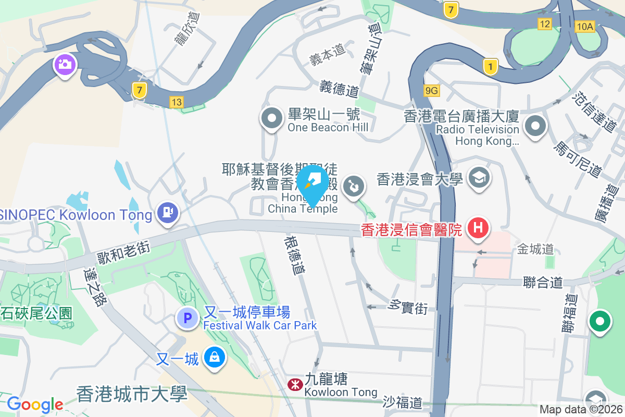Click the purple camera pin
[65, 65]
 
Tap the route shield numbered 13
[177, 102]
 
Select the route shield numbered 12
[545, 24]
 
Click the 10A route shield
[585, 27]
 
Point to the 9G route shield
[432, 91]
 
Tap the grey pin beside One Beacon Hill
[271, 119]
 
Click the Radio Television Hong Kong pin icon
[535, 126]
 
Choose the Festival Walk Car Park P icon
[187, 318]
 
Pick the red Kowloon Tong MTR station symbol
[294, 385]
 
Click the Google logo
[35, 404]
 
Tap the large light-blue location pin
[312, 183]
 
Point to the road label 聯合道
[543, 283]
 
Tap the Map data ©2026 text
[581, 410]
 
